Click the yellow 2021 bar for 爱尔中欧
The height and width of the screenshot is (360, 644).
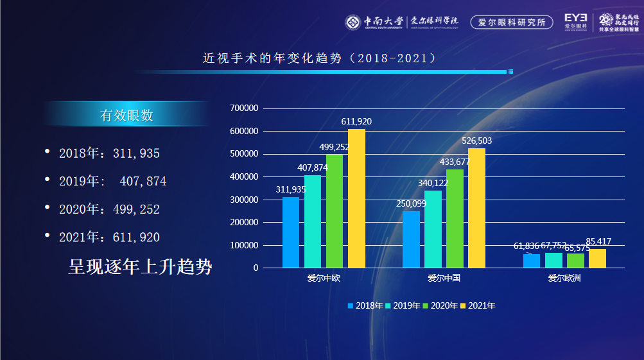[356, 198]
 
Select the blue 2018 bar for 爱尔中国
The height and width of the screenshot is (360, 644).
[411, 239]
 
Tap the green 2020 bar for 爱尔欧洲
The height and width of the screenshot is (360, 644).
[575, 261]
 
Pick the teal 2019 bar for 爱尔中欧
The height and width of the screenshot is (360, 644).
[313, 221]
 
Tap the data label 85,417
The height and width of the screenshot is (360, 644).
[598, 242]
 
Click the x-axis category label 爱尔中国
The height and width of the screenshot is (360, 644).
[444, 279]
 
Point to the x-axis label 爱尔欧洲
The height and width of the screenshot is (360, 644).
[564, 279]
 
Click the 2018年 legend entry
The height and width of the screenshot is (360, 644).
[365, 305]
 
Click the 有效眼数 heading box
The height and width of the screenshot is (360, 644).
[126, 116]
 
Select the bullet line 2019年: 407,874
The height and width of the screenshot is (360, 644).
[112, 182]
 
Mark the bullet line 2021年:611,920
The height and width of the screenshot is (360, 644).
[109, 237]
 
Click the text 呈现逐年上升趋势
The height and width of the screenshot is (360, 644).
[140, 267]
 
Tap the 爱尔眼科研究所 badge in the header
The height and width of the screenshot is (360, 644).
[512, 22]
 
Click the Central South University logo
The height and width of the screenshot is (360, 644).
[354, 22]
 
